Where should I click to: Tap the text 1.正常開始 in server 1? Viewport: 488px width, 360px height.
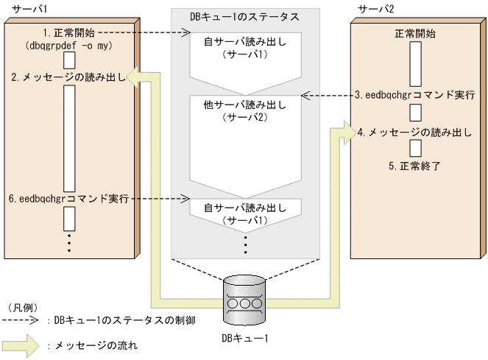coord(68,33)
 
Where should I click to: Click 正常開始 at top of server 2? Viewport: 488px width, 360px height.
coord(414,33)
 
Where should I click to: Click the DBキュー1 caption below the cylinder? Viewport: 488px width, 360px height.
coord(244,338)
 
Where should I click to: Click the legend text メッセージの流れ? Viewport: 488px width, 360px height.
coord(95,345)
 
